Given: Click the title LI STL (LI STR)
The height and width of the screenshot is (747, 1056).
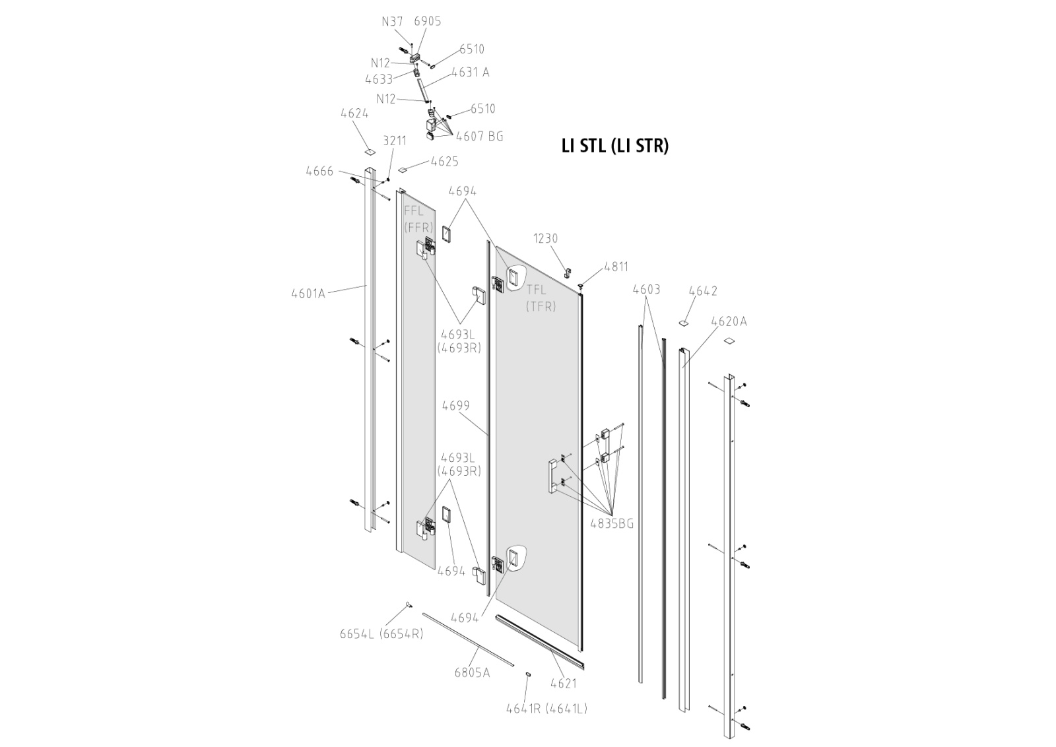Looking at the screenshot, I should coord(614,146).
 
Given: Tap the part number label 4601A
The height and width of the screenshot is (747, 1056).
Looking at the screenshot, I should coord(308,293).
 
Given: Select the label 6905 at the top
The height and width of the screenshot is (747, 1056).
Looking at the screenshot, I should coord(428,21).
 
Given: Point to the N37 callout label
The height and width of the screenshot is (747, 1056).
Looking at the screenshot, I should coord(393,21).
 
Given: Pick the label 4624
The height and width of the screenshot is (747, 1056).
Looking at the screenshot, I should coord(354,114).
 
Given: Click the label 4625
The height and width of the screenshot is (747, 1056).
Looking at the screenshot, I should coord(444,161).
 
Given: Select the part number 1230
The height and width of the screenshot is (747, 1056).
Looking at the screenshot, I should coord(546,238).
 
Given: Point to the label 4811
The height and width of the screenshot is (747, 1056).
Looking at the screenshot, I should coord(616,267).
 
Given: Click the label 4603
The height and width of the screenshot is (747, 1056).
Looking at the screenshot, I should coord(646,289).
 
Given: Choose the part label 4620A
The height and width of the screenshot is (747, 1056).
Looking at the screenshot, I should coord(729,321).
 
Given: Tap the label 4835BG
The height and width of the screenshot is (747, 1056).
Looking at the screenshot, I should coord(612,523).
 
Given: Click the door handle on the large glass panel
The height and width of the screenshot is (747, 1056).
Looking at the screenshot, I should coord(552,476).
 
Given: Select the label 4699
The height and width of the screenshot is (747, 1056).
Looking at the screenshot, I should coord(456,406).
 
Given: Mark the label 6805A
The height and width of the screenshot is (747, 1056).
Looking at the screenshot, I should coord(472,672).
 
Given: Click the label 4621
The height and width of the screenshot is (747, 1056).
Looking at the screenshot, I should coord(563,683).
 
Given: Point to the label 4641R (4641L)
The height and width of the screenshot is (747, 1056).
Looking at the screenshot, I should coord(546,709).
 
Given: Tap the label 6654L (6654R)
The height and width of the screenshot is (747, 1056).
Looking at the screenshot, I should coord(381,633).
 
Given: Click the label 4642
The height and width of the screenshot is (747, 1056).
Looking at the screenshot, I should coord(703,290).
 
